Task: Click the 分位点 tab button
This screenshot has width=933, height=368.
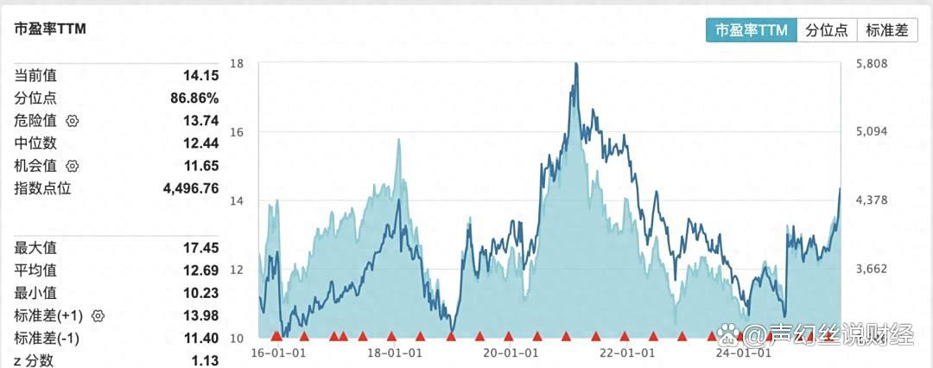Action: click(x=826, y=29)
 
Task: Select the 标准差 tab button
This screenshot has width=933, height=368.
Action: click(x=886, y=29)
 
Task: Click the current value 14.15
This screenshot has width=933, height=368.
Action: click(x=200, y=76)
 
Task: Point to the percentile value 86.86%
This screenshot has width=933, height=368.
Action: click(x=194, y=98)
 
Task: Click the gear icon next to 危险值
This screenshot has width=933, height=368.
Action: click(x=73, y=121)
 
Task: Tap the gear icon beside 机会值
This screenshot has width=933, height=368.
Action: click(x=73, y=166)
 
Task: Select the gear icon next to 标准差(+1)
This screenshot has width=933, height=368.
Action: click(x=98, y=316)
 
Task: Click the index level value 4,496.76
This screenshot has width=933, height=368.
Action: click(x=189, y=188)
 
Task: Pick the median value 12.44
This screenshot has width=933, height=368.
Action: click(x=200, y=143)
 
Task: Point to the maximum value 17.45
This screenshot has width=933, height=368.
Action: click(x=200, y=249)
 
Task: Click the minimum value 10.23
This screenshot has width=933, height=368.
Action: click(x=200, y=294)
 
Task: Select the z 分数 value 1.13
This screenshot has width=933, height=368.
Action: click(x=205, y=360)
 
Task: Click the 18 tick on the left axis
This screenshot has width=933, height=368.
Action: click(x=237, y=63)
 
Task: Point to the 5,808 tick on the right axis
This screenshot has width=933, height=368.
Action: click(x=870, y=63)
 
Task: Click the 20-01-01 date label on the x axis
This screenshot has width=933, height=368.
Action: click(x=509, y=352)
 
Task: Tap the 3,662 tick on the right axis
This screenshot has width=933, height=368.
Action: click(x=870, y=269)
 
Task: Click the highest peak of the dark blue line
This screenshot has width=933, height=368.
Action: click(x=576, y=63)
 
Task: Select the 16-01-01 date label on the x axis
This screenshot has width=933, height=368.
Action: click(x=275, y=352)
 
